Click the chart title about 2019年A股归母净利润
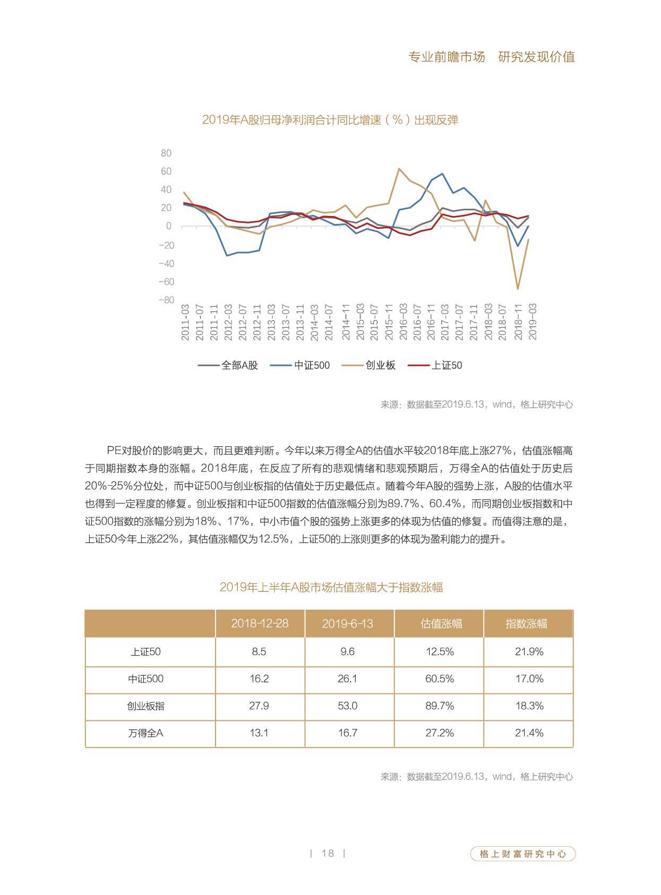click(x=330, y=120)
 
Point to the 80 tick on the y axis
click(x=166, y=153)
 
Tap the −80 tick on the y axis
click(x=166, y=300)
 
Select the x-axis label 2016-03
click(x=403, y=322)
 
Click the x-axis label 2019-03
click(x=533, y=322)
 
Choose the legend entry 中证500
click(x=300, y=365)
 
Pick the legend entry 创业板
click(x=369, y=365)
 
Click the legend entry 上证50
click(x=435, y=365)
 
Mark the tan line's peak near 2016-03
click(x=399, y=169)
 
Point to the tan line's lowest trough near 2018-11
click(x=518, y=289)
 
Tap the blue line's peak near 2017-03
click(x=443, y=174)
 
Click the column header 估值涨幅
click(x=441, y=623)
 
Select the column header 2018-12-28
click(x=260, y=623)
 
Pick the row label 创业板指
click(x=145, y=705)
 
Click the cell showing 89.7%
click(x=440, y=705)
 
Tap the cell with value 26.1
click(x=347, y=679)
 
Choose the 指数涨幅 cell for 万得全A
click(x=529, y=733)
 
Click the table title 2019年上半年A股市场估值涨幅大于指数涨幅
click(x=331, y=587)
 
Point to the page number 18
click(x=328, y=854)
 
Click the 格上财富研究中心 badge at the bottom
click(x=522, y=854)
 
